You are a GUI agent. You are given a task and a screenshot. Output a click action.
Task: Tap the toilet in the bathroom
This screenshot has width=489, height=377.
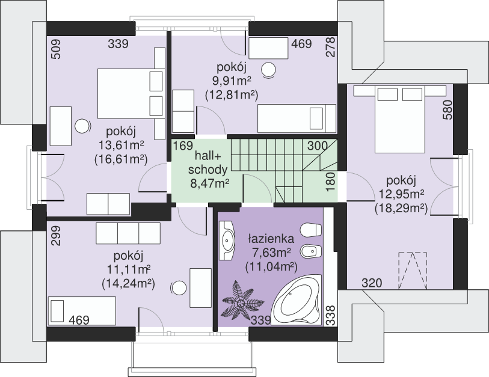pos(310,230)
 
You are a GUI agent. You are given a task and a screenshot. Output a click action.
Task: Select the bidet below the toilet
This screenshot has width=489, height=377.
pos(310,251)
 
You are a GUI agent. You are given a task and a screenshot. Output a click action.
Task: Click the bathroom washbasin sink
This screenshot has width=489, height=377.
pos(228,241)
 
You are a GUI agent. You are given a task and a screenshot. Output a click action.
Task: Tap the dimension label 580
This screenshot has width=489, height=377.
pos(447,110)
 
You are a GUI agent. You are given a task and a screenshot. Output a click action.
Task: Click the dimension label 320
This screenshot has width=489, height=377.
pos(372,283)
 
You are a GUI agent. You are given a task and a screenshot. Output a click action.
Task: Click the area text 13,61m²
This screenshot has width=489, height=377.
pos(121,145)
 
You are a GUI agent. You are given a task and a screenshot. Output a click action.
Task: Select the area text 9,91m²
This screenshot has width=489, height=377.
pos(232,81)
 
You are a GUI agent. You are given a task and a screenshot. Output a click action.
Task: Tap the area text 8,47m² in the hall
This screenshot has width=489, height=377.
pos(210,183)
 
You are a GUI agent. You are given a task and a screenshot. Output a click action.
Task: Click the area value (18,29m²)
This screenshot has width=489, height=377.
pos(401,207)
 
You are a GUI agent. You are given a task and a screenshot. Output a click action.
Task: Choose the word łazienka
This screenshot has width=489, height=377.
pos(271,239)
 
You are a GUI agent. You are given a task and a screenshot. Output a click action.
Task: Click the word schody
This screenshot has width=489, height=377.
pos(208,170)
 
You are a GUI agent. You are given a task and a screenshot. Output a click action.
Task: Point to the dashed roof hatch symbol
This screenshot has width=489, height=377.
pos(413,271)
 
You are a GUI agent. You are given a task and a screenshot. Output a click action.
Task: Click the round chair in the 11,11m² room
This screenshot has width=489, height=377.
pos(179,288)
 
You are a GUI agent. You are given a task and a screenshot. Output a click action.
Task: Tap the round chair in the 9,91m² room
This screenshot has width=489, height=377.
pos(268,70)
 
